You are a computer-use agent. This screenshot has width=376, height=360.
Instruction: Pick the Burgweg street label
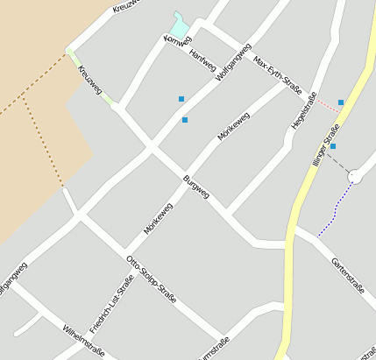tap(196, 189)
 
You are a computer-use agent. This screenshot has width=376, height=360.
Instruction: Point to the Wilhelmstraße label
tap(84, 341)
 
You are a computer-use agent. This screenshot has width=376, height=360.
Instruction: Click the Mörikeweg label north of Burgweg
tap(234, 126)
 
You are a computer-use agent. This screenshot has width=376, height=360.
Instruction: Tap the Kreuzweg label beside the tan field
tap(89, 79)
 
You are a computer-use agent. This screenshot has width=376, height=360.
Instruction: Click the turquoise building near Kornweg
tap(179, 25)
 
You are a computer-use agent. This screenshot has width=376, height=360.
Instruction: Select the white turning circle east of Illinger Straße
tap(355, 177)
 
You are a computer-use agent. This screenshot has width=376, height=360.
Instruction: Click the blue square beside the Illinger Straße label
tap(333, 145)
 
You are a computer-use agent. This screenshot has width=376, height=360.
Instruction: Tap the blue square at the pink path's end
tap(341, 102)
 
